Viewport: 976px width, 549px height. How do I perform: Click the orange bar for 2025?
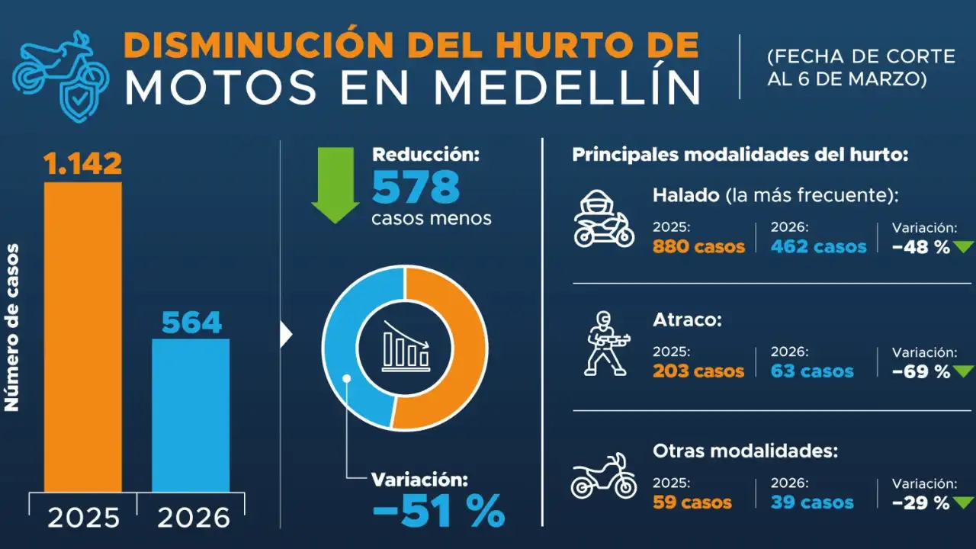(82, 335)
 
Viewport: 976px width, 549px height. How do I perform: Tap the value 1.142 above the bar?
(82, 163)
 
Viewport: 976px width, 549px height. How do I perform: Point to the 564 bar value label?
(191, 323)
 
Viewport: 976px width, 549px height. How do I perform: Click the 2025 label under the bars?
(83, 518)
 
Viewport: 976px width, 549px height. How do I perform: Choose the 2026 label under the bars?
(193, 518)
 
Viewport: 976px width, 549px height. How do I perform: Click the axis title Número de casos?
(12, 328)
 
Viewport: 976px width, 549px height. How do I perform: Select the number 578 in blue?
(416, 187)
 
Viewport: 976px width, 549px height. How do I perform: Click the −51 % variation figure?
(438, 511)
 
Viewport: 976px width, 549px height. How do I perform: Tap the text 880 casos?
(698, 247)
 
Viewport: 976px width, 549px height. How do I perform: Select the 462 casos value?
(818, 247)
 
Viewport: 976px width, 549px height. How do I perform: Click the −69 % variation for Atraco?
(922, 372)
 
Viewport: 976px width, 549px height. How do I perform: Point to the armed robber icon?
(604, 344)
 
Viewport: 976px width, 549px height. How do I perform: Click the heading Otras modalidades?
(745, 451)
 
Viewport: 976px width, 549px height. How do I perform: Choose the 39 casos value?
(812, 502)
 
